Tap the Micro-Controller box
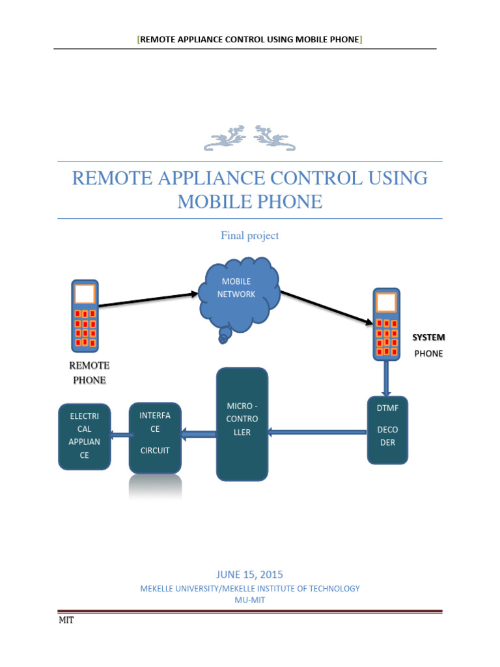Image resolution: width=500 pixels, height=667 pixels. coord(242,424)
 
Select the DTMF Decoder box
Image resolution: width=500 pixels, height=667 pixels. coord(387,430)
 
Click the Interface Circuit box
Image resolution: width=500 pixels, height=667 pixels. coord(155,438)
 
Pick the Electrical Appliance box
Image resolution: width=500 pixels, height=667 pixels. coord(84,437)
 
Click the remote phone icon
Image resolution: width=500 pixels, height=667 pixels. coord(85,315)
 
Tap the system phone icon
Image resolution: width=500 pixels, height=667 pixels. coord(386,324)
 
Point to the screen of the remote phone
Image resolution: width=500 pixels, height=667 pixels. coord(85,294)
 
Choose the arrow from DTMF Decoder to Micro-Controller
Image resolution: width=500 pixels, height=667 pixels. coord(317,431)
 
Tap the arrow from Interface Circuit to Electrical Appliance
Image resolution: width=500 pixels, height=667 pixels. coord(120,434)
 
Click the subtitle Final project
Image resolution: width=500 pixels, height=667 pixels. coord(249,236)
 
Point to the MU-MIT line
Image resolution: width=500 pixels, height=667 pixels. coord(249,599)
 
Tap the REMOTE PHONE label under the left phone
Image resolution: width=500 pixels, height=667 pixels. coord(90,373)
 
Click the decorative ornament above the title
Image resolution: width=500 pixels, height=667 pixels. coord(249,137)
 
